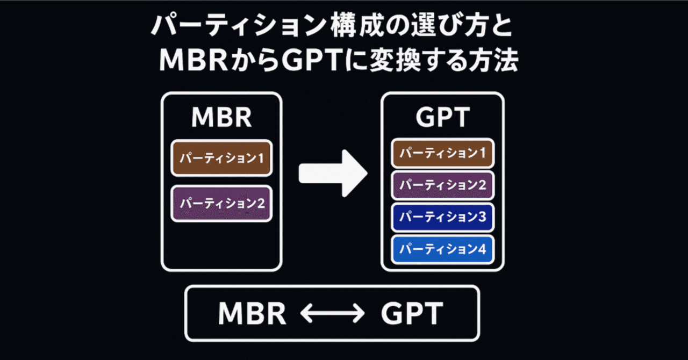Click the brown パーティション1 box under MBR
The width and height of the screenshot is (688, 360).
click(221, 158)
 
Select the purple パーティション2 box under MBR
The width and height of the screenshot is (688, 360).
click(221, 204)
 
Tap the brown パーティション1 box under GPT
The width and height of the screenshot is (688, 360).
click(442, 153)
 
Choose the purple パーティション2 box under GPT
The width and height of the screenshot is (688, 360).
click(442, 185)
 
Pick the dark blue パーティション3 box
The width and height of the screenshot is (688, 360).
click(442, 217)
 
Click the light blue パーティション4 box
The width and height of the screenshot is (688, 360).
click(442, 249)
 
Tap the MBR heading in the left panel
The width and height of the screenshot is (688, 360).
click(221, 117)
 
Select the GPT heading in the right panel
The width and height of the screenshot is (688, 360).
click(442, 117)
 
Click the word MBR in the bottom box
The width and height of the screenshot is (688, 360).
click(252, 313)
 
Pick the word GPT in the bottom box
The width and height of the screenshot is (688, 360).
click(412, 313)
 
